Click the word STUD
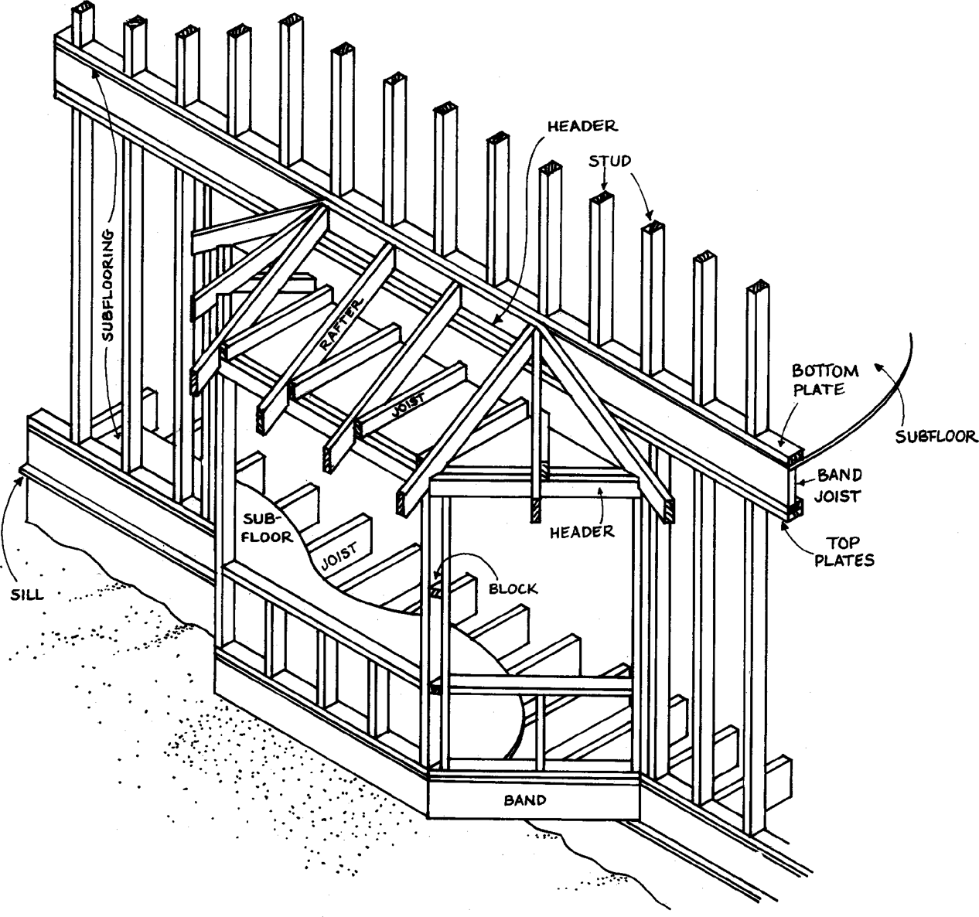coord(610,161)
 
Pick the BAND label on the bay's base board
coord(526,800)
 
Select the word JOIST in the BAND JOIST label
coord(839,496)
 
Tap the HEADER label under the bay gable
coord(582,530)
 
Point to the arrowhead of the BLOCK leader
coord(436,577)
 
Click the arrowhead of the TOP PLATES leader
coord(786,523)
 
